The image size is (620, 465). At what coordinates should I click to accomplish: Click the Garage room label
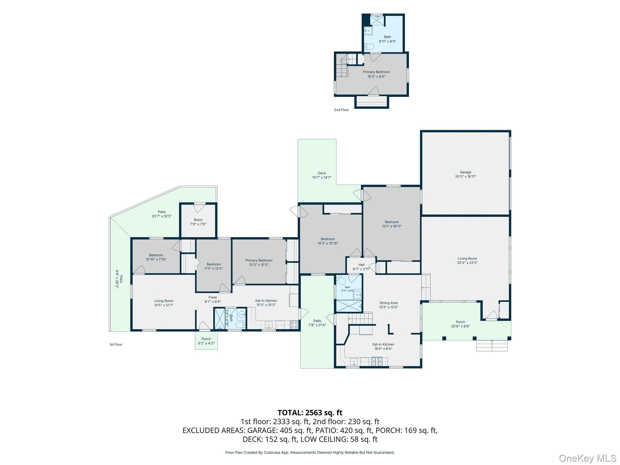click(x=465, y=172)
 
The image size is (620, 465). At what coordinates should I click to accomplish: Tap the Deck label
click(x=322, y=173)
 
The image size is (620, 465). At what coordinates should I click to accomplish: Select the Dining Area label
click(x=388, y=303)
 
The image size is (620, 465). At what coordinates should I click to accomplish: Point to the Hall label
click(x=361, y=265)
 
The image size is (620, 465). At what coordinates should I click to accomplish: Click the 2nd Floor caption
click(x=341, y=110)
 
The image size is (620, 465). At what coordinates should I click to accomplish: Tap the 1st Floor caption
click(x=116, y=345)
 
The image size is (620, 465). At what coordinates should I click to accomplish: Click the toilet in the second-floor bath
click(x=369, y=47)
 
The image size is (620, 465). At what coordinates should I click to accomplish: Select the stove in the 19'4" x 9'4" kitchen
click(x=377, y=361)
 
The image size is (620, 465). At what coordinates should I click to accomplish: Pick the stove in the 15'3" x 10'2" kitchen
click(x=294, y=325)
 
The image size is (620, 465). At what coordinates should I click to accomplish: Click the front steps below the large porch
click(x=492, y=345)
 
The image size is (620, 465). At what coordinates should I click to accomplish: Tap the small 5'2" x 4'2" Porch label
click(x=206, y=339)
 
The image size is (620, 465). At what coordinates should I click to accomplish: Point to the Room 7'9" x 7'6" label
click(x=198, y=222)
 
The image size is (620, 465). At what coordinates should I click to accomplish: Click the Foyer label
click(x=213, y=297)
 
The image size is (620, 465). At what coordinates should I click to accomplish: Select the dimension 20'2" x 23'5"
click(x=467, y=263)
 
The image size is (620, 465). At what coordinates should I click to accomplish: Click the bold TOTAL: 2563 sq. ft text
click(x=310, y=413)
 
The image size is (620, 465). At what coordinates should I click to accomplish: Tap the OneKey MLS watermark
click(x=587, y=458)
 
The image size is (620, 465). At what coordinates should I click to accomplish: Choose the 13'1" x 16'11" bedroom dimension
click(x=392, y=226)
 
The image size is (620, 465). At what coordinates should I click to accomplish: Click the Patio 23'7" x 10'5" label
click(x=162, y=214)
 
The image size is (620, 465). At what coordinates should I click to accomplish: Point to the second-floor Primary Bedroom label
click(x=376, y=72)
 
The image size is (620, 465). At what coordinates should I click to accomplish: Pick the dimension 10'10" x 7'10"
click(x=156, y=259)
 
